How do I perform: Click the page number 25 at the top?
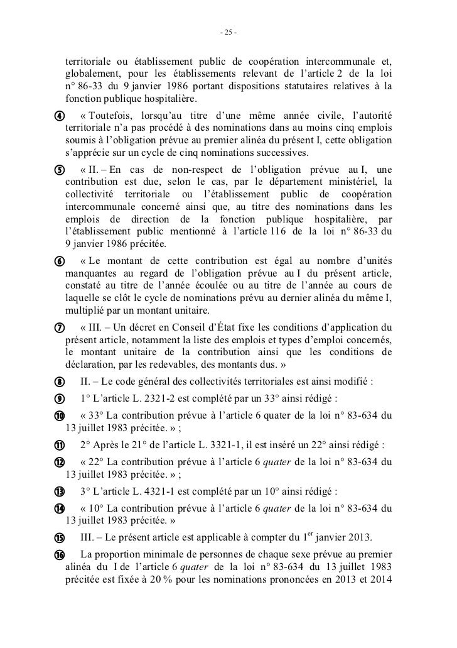pos(228,32)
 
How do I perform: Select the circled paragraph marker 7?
pos(58,328)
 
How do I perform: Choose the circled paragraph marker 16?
pos(58,554)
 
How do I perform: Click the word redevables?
pos(200,363)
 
